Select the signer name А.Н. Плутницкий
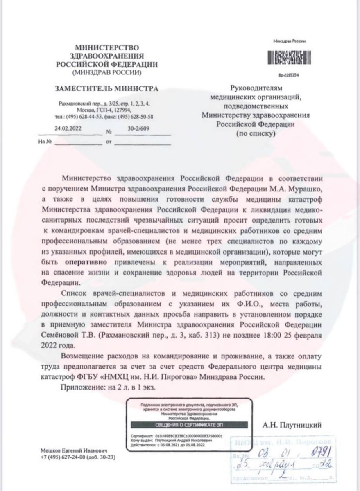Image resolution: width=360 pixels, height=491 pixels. [x=292, y=426]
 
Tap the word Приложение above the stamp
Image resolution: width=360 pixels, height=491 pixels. [x=82, y=387]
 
